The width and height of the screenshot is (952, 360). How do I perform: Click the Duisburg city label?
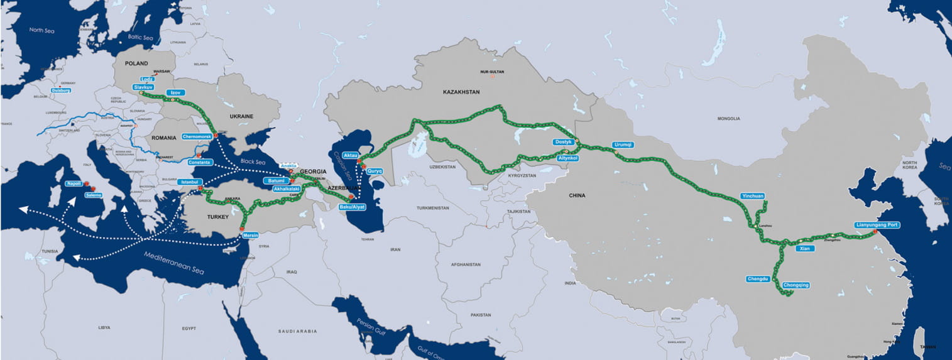pyautogui.click(x=61, y=90)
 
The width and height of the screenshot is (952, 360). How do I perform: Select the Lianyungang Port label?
pyautogui.click(x=877, y=224)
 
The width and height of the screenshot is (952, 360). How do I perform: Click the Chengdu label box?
pyautogui.click(x=758, y=278)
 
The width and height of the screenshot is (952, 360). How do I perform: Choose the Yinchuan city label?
pyautogui.click(x=752, y=196)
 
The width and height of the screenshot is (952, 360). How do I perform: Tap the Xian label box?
pyautogui.click(x=805, y=248)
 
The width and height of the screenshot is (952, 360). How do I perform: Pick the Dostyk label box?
pyautogui.click(x=563, y=143)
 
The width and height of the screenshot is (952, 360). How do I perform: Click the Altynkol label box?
pyautogui.click(x=568, y=158)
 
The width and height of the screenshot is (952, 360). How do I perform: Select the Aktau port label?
pyautogui.click(x=350, y=155)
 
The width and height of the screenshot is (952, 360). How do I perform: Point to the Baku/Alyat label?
pyautogui.click(x=352, y=207)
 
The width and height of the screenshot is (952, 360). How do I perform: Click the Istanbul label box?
pyautogui.click(x=189, y=182)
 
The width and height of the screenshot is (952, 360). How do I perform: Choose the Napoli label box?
pyautogui.click(x=74, y=184)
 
